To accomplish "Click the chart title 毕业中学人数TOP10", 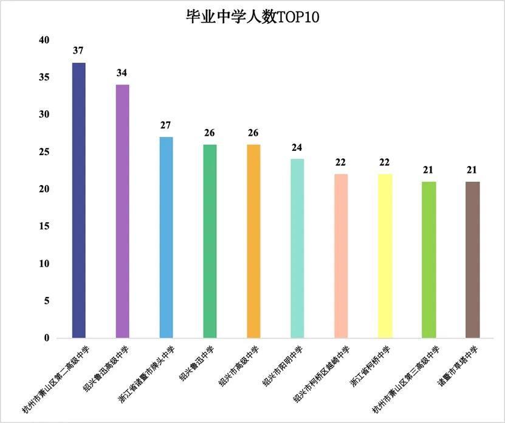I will click(x=252, y=17).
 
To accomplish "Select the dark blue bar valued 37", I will click(x=78, y=200).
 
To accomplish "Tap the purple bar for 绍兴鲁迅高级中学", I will click(x=122, y=211).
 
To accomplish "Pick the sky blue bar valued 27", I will click(x=166, y=237).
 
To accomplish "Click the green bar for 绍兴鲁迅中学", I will click(x=210, y=241).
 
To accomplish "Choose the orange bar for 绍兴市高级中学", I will click(x=253, y=241).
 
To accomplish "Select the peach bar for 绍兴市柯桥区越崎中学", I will click(x=341, y=256).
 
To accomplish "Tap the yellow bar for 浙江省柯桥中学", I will click(x=385, y=256).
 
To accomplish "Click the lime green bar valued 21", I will click(x=428, y=259).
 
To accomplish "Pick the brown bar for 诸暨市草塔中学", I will click(x=472, y=259).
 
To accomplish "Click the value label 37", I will click(x=78, y=51).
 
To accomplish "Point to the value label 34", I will click(x=122, y=73).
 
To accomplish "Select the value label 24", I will click(x=297, y=147).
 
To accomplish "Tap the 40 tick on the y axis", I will click(x=43, y=40).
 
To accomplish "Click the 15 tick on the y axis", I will click(x=43, y=226).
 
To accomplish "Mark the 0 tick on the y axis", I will click(x=46, y=338).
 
